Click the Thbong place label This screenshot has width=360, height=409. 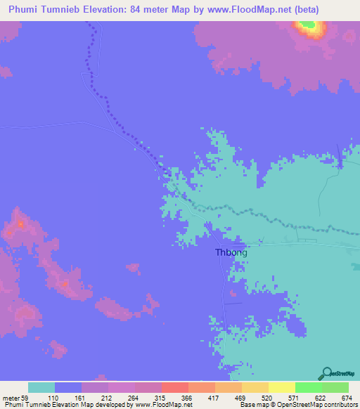point(230,252)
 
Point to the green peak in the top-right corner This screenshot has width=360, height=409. point(308,27)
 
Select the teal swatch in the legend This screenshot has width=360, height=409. point(41,387)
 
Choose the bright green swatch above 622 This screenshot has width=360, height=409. point(309,387)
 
